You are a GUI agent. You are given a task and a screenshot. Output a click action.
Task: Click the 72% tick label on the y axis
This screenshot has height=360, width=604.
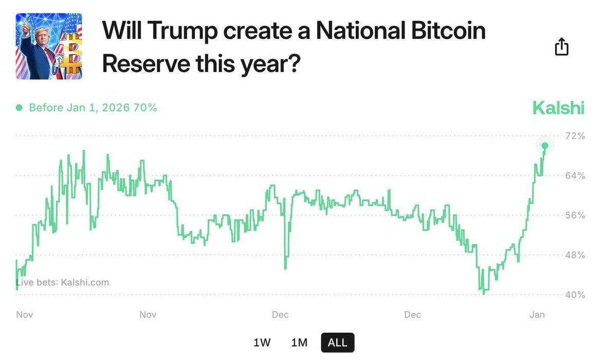point(575,136)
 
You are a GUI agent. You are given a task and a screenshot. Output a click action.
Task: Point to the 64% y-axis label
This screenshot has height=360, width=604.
point(575,175)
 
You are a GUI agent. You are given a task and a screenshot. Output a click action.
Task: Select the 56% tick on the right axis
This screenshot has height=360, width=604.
point(575,215)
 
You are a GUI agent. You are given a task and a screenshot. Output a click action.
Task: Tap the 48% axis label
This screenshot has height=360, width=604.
point(575,255)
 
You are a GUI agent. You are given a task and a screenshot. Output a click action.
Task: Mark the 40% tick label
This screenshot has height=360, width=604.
point(575,295)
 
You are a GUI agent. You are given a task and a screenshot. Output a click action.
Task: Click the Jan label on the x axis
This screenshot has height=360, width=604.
point(537,315)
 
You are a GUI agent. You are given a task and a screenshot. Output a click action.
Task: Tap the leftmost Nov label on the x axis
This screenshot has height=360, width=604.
point(25,315)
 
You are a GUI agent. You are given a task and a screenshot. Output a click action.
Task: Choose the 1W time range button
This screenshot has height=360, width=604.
point(262,343)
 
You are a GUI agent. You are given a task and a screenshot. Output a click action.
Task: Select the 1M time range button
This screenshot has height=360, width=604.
point(299,343)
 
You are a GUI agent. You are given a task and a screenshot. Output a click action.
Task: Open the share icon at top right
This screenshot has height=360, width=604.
point(562,47)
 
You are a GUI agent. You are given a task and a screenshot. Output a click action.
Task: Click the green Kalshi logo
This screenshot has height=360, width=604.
point(558,108)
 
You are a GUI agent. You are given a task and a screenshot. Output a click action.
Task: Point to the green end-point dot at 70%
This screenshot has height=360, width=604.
point(545,146)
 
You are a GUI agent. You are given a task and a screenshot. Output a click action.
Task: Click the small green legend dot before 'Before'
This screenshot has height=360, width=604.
point(19,108)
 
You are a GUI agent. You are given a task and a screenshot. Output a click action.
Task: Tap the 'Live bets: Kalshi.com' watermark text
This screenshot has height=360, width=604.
point(63,282)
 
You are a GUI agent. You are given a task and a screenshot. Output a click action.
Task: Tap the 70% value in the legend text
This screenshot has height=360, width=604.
point(146,108)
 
